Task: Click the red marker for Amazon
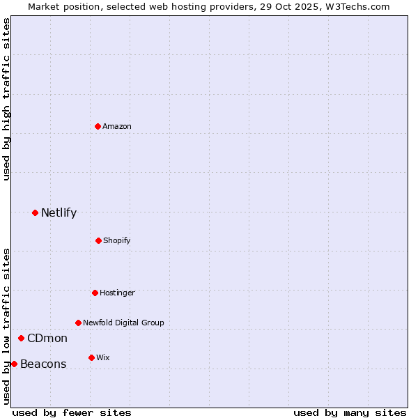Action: pyautogui.click(x=98, y=126)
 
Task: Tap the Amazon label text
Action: pyautogui.click(x=117, y=126)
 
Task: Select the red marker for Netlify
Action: pyautogui.click(x=35, y=212)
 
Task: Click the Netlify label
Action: pyautogui.click(x=59, y=213)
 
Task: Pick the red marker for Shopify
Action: pyautogui.click(x=98, y=240)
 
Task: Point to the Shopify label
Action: pyautogui.click(x=116, y=241)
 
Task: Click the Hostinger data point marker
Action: pyautogui.click(x=95, y=293)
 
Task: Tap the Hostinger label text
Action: pyautogui.click(x=117, y=293)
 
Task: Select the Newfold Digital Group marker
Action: pyautogui.click(x=78, y=323)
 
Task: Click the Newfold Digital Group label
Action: pyautogui.click(x=123, y=323)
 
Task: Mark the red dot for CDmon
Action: pyautogui.click(x=21, y=338)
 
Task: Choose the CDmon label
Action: pyautogui.click(x=47, y=339)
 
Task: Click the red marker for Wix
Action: pyautogui.click(x=91, y=357)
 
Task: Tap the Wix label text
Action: pyautogui.click(x=103, y=358)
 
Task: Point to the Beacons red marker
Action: pyautogui.click(x=14, y=364)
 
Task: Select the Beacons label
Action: pyautogui.click(x=43, y=364)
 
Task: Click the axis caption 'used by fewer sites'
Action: pyautogui.click(x=72, y=412)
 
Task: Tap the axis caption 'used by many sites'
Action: pyautogui.click(x=350, y=412)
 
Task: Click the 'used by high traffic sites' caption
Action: pyautogui.click(x=6, y=99)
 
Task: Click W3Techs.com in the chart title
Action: pyautogui.click(x=357, y=6)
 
